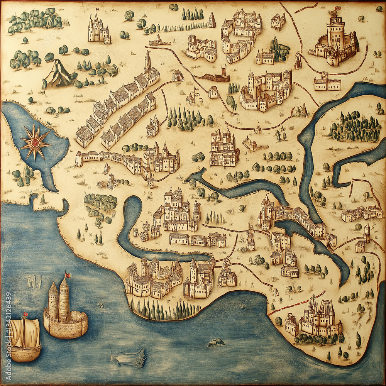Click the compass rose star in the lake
(x=35, y=142)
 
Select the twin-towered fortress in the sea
(x=64, y=313)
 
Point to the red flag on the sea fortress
(x=68, y=275)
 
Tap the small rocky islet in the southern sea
(x=216, y=342)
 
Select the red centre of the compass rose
(x=35, y=142)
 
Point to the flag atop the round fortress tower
(x=337, y=8)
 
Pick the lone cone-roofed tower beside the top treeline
(x=212, y=20)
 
